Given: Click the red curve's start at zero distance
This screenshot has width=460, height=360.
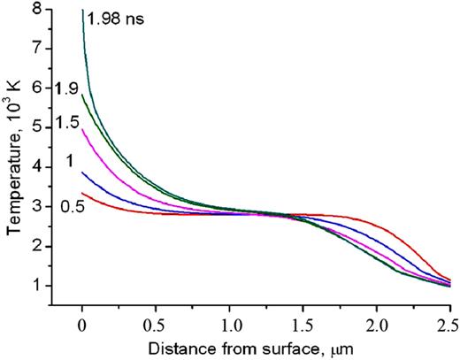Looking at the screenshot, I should pos(82,193).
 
